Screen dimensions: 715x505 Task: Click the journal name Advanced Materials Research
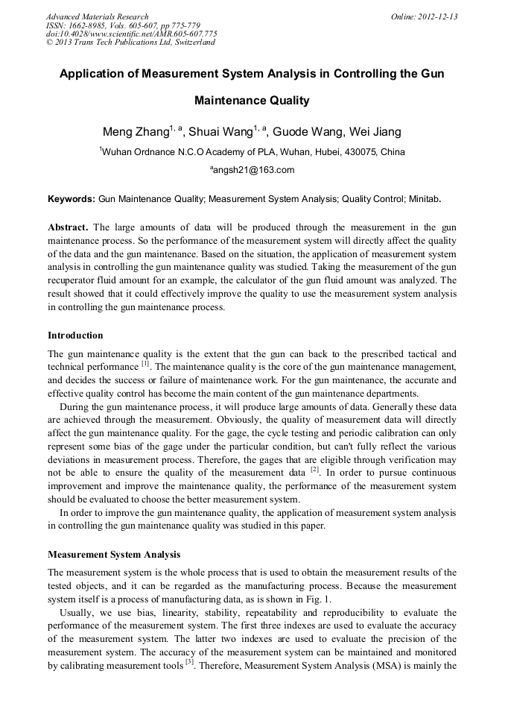pos(97,16)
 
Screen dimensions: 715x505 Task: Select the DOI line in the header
pos(131,34)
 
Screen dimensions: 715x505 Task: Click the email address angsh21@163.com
pos(254,170)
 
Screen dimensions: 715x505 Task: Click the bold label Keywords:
pos(72,200)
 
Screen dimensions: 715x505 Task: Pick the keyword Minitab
pos(424,200)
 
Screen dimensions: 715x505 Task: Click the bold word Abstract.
pos(68,227)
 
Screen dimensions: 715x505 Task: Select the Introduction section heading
pos(75,336)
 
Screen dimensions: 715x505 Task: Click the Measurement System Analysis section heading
pos(114,555)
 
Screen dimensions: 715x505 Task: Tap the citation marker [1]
pos(146,364)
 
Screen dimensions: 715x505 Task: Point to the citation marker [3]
pos(190,661)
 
